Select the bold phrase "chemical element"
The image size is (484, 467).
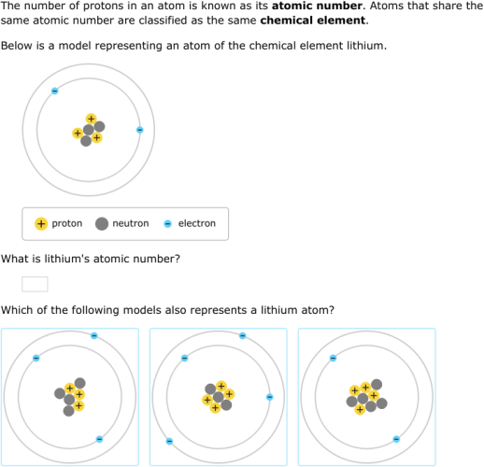tap(313, 20)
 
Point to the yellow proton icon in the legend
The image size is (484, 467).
tap(41, 224)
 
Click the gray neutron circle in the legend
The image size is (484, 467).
tap(102, 224)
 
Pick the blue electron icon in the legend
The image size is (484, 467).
tap(168, 224)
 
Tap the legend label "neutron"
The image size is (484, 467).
tap(130, 224)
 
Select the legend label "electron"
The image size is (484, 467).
tap(196, 224)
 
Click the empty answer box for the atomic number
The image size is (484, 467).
tap(35, 284)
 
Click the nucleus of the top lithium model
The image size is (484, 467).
tap(89, 131)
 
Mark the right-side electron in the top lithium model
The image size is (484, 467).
tap(140, 130)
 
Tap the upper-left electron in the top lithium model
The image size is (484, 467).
tap(54, 91)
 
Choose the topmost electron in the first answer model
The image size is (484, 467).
tap(93, 335)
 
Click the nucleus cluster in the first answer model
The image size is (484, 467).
tap(71, 398)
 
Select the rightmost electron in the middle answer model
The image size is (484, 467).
tap(269, 397)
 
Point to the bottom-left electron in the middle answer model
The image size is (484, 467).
tap(169, 441)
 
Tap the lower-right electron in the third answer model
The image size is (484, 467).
tap(396, 438)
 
